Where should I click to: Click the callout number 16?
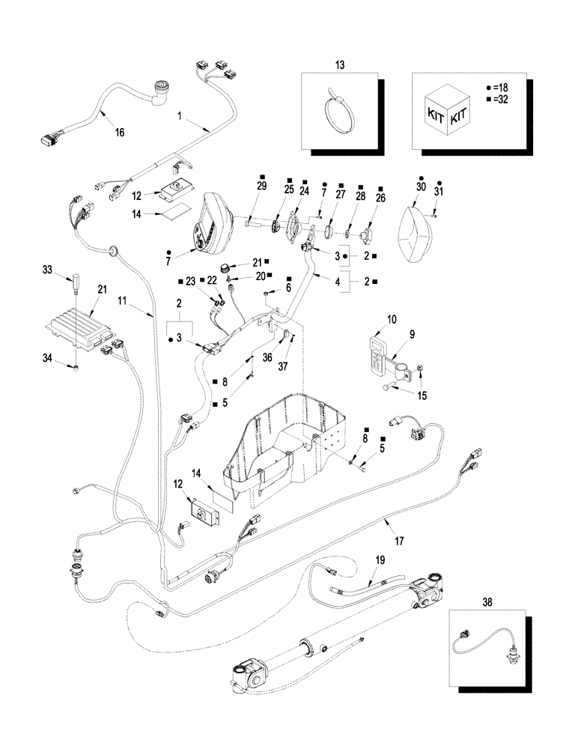(119, 133)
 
